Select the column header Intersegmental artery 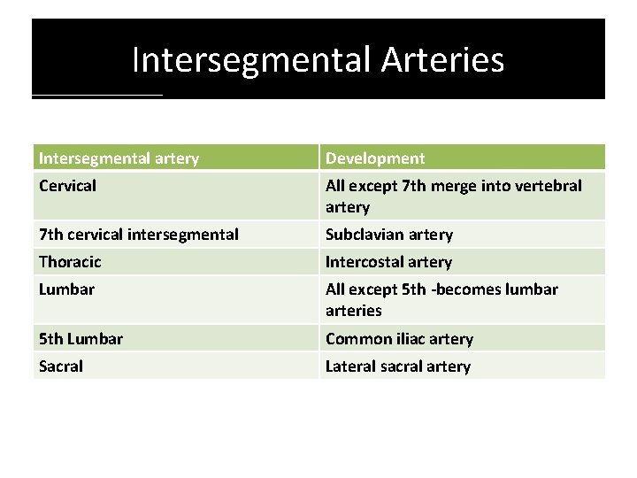(119, 158)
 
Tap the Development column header (375, 158)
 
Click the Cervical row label (68, 187)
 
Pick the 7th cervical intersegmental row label (138, 235)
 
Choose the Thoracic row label (70, 262)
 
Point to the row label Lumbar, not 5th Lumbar (67, 289)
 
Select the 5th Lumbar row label (81, 339)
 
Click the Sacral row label (61, 366)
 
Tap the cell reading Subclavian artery (389, 235)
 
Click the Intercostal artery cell (388, 262)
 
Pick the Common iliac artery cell (399, 339)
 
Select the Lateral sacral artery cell (398, 366)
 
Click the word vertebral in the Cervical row (549, 186)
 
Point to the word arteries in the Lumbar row (354, 311)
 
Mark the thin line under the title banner (97, 95)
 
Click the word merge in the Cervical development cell (457, 187)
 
